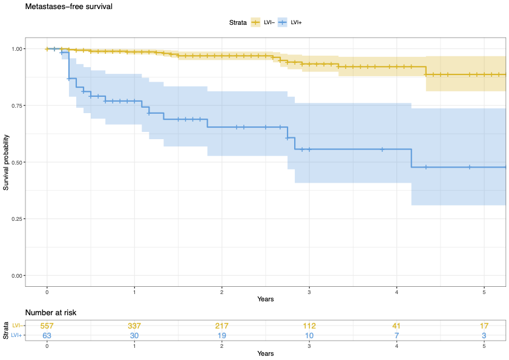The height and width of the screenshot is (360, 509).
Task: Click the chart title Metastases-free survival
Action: pyautogui.click(x=68, y=7)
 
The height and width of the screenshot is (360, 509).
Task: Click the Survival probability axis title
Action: pyautogui.click(x=7, y=162)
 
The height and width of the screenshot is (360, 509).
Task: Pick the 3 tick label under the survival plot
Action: pyautogui.click(x=309, y=292)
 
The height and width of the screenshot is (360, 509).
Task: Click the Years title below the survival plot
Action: pyautogui.click(x=265, y=299)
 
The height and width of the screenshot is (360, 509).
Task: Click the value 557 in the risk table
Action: pyautogui.click(x=47, y=326)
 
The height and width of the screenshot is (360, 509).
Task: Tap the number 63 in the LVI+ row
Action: pyautogui.click(x=47, y=335)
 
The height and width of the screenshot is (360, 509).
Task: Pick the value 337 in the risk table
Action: pyautogui.click(x=134, y=326)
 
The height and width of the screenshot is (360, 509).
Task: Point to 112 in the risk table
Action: pyautogui.click(x=309, y=326)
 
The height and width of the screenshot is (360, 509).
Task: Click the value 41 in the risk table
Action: pyautogui.click(x=397, y=326)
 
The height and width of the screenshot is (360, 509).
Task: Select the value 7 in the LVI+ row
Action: pyautogui.click(x=397, y=335)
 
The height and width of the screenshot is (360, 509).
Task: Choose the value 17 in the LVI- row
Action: pyautogui.click(x=484, y=326)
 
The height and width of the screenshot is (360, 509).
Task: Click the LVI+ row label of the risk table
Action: pyautogui.click(x=17, y=335)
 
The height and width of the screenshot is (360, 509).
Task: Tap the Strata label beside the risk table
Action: pyautogui.click(x=6, y=330)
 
